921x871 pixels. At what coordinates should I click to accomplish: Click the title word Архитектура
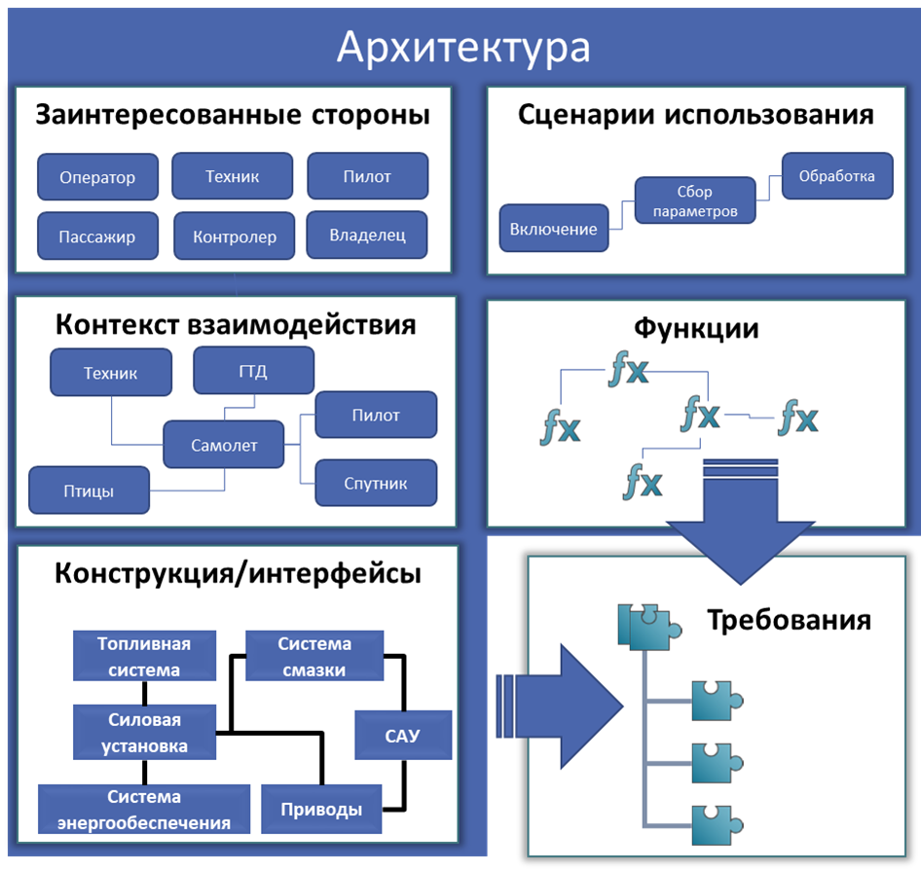(x=462, y=47)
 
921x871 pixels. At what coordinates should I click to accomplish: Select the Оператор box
(x=97, y=177)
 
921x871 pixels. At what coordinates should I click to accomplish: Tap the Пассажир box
(x=96, y=236)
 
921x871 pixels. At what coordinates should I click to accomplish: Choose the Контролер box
(x=235, y=236)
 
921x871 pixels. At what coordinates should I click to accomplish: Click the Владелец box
(x=367, y=235)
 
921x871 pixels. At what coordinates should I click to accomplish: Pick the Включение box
(x=554, y=230)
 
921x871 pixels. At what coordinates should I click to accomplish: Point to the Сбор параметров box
(x=694, y=201)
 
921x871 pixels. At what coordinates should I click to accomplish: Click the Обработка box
(x=836, y=176)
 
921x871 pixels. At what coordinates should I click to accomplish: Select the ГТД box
(x=253, y=372)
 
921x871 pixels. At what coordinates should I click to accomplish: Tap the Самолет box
(x=224, y=445)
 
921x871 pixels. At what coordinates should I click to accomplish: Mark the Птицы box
(x=89, y=490)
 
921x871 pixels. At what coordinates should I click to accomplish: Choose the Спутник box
(x=376, y=483)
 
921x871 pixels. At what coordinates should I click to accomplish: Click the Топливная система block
(x=144, y=656)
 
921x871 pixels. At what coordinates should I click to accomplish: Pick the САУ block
(x=403, y=735)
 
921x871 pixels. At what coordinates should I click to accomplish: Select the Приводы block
(x=322, y=809)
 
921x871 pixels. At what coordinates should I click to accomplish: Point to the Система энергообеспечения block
(x=144, y=810)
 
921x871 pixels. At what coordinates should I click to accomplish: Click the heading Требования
(x=789, y=620)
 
